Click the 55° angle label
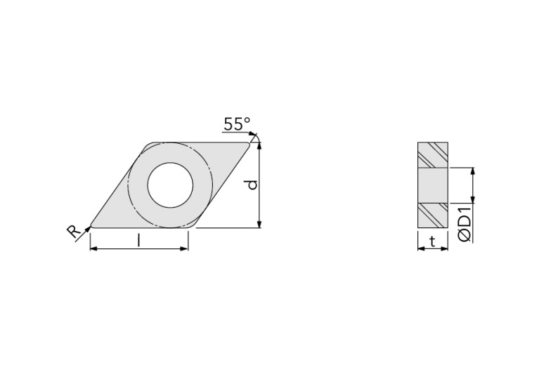click(237, 124)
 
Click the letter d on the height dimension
click(252, 185)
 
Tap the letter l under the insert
click(139, 241)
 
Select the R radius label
click(73, 233)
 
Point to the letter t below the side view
click(432, 241)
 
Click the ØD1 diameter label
click(465, 223)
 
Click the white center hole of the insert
click(170, 185)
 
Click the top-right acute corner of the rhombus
click(249, 145)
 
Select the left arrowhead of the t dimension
click(420, 249)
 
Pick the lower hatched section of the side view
click(433, 215)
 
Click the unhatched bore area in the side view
click(433, 185)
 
